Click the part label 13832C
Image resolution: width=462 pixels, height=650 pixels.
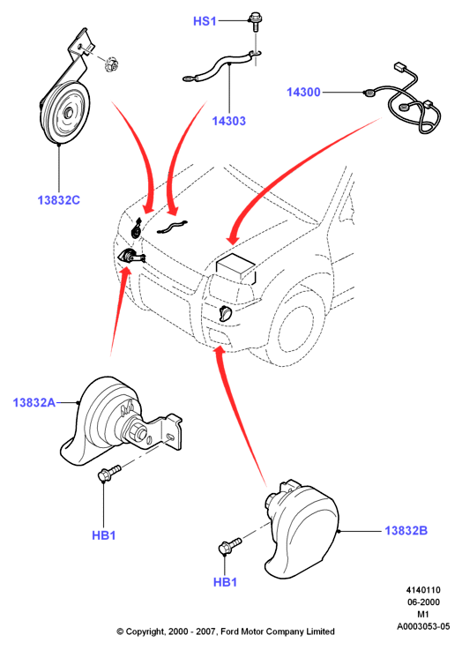coord(58,200)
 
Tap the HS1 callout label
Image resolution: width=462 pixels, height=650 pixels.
coord(205,21)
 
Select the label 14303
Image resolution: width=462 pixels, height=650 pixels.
coord(228,121)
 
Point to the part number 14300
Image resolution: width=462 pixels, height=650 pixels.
coord(303,92)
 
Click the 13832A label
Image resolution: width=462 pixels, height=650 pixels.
coord(34,402)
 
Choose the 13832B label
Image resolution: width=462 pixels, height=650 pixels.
coord(406,531)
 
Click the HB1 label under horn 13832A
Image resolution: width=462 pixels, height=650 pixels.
coord(103,535)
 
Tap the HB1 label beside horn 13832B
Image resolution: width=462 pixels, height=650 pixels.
coord(225,582)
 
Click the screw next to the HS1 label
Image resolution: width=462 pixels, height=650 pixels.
coord(255,21)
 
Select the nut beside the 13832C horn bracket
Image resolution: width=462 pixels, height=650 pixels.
coord(111,64)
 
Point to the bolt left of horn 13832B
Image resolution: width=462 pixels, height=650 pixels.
coord(229,545)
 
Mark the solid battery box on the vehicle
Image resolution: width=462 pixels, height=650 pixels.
coord(235,269)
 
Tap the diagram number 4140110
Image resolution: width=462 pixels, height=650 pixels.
coord(423,590)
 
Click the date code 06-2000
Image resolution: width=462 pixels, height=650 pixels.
coord(423,601)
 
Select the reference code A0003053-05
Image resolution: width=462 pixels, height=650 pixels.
coord(423,626)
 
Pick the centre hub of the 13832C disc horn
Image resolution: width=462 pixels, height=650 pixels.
coord(68,112)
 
